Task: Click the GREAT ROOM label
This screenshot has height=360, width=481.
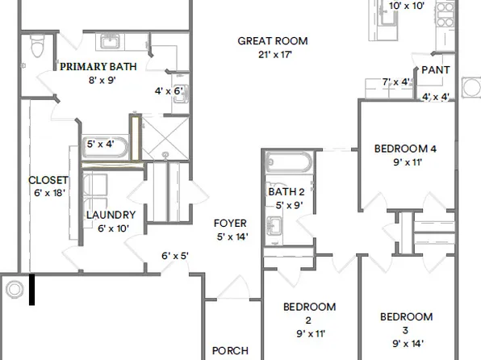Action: coord(272,41)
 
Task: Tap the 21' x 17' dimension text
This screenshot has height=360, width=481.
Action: coord(272,54)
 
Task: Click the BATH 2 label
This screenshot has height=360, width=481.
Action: coord(286,191)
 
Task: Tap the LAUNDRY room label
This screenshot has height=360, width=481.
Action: coord(111,216)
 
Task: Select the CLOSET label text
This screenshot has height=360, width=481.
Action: coord(48,180)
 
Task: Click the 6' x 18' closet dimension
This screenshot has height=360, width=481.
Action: coord(48,193)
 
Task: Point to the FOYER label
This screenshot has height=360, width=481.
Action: coord(229,224)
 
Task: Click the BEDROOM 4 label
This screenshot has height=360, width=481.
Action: coord(405,149)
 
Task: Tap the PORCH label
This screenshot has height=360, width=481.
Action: coord(229,351)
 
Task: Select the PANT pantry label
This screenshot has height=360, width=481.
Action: coord(435,71)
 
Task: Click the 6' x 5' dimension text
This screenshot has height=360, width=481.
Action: coord(174,256)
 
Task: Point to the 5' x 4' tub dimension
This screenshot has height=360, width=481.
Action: coord(101,144)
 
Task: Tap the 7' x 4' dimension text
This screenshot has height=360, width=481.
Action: coord(396,82)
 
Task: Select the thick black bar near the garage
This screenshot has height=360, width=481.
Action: coord(32,290)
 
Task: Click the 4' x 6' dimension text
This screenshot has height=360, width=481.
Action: coord(169,90)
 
